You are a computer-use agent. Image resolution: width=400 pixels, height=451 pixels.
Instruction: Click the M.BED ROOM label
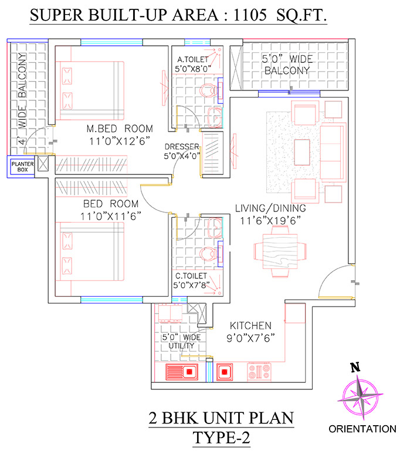point(120,129)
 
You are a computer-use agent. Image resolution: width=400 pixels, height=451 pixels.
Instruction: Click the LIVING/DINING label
point(270,208)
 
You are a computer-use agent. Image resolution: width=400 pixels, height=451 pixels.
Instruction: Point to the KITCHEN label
point(250,325)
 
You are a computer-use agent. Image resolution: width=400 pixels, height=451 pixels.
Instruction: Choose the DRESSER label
point(182,147)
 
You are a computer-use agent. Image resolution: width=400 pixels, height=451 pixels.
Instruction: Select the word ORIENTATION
point(362,429)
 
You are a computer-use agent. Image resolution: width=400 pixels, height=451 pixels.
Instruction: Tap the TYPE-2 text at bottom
point(221,438)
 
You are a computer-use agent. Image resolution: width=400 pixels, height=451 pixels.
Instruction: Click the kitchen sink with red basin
point(182,372)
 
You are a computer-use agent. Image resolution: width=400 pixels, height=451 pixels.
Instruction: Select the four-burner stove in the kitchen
point(259,371)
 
